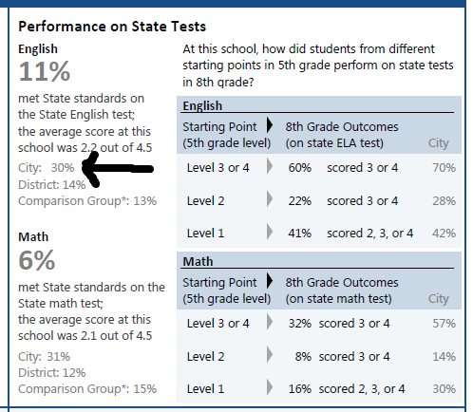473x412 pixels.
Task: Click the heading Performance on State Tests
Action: [x=112, y=27]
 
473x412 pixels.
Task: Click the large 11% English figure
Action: [x=45, y=71]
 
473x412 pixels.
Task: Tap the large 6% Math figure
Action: [x=37, y=260]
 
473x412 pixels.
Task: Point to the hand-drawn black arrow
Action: [x=118, y=169]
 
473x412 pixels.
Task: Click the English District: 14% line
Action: [x=52, y=184]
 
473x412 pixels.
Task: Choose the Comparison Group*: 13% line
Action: [x=87, y=201]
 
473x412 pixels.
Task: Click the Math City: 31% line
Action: [x=45, y=357]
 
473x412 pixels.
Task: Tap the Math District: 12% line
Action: [x=52, y=373]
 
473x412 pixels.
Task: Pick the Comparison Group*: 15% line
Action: [x=87, y=389]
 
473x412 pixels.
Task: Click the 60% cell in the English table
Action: [x=300, y=168]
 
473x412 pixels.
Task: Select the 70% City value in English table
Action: [x=445, y=168]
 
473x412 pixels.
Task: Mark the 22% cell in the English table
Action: [x=300, y=201]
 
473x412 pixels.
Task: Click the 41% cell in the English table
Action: [x=300, y=234]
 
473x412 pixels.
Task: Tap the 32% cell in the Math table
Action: [x=300, y=324]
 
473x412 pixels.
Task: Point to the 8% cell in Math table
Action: [x=303, y=357]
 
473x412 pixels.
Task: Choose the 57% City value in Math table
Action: [x=445, y=324]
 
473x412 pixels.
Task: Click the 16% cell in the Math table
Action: [x=300, y=389]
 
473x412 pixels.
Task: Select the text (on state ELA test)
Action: [x=334, y=143]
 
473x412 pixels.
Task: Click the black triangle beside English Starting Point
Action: [x=270, y=125]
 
